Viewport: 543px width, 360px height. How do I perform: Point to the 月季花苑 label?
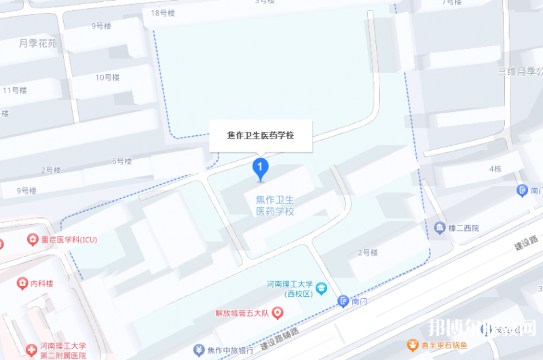point(38,43)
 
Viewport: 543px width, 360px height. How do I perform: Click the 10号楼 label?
point(107,77)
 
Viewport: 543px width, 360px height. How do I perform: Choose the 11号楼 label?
point(14,90)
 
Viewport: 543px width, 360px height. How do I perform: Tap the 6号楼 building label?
point(121,161)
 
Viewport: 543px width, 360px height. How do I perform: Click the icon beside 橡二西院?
point(440,227)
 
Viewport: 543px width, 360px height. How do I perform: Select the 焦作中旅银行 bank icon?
point(199,350)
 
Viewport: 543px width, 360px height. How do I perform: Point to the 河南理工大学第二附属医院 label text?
point(64,350)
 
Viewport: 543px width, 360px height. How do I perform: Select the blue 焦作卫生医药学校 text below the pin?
point(275,205)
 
